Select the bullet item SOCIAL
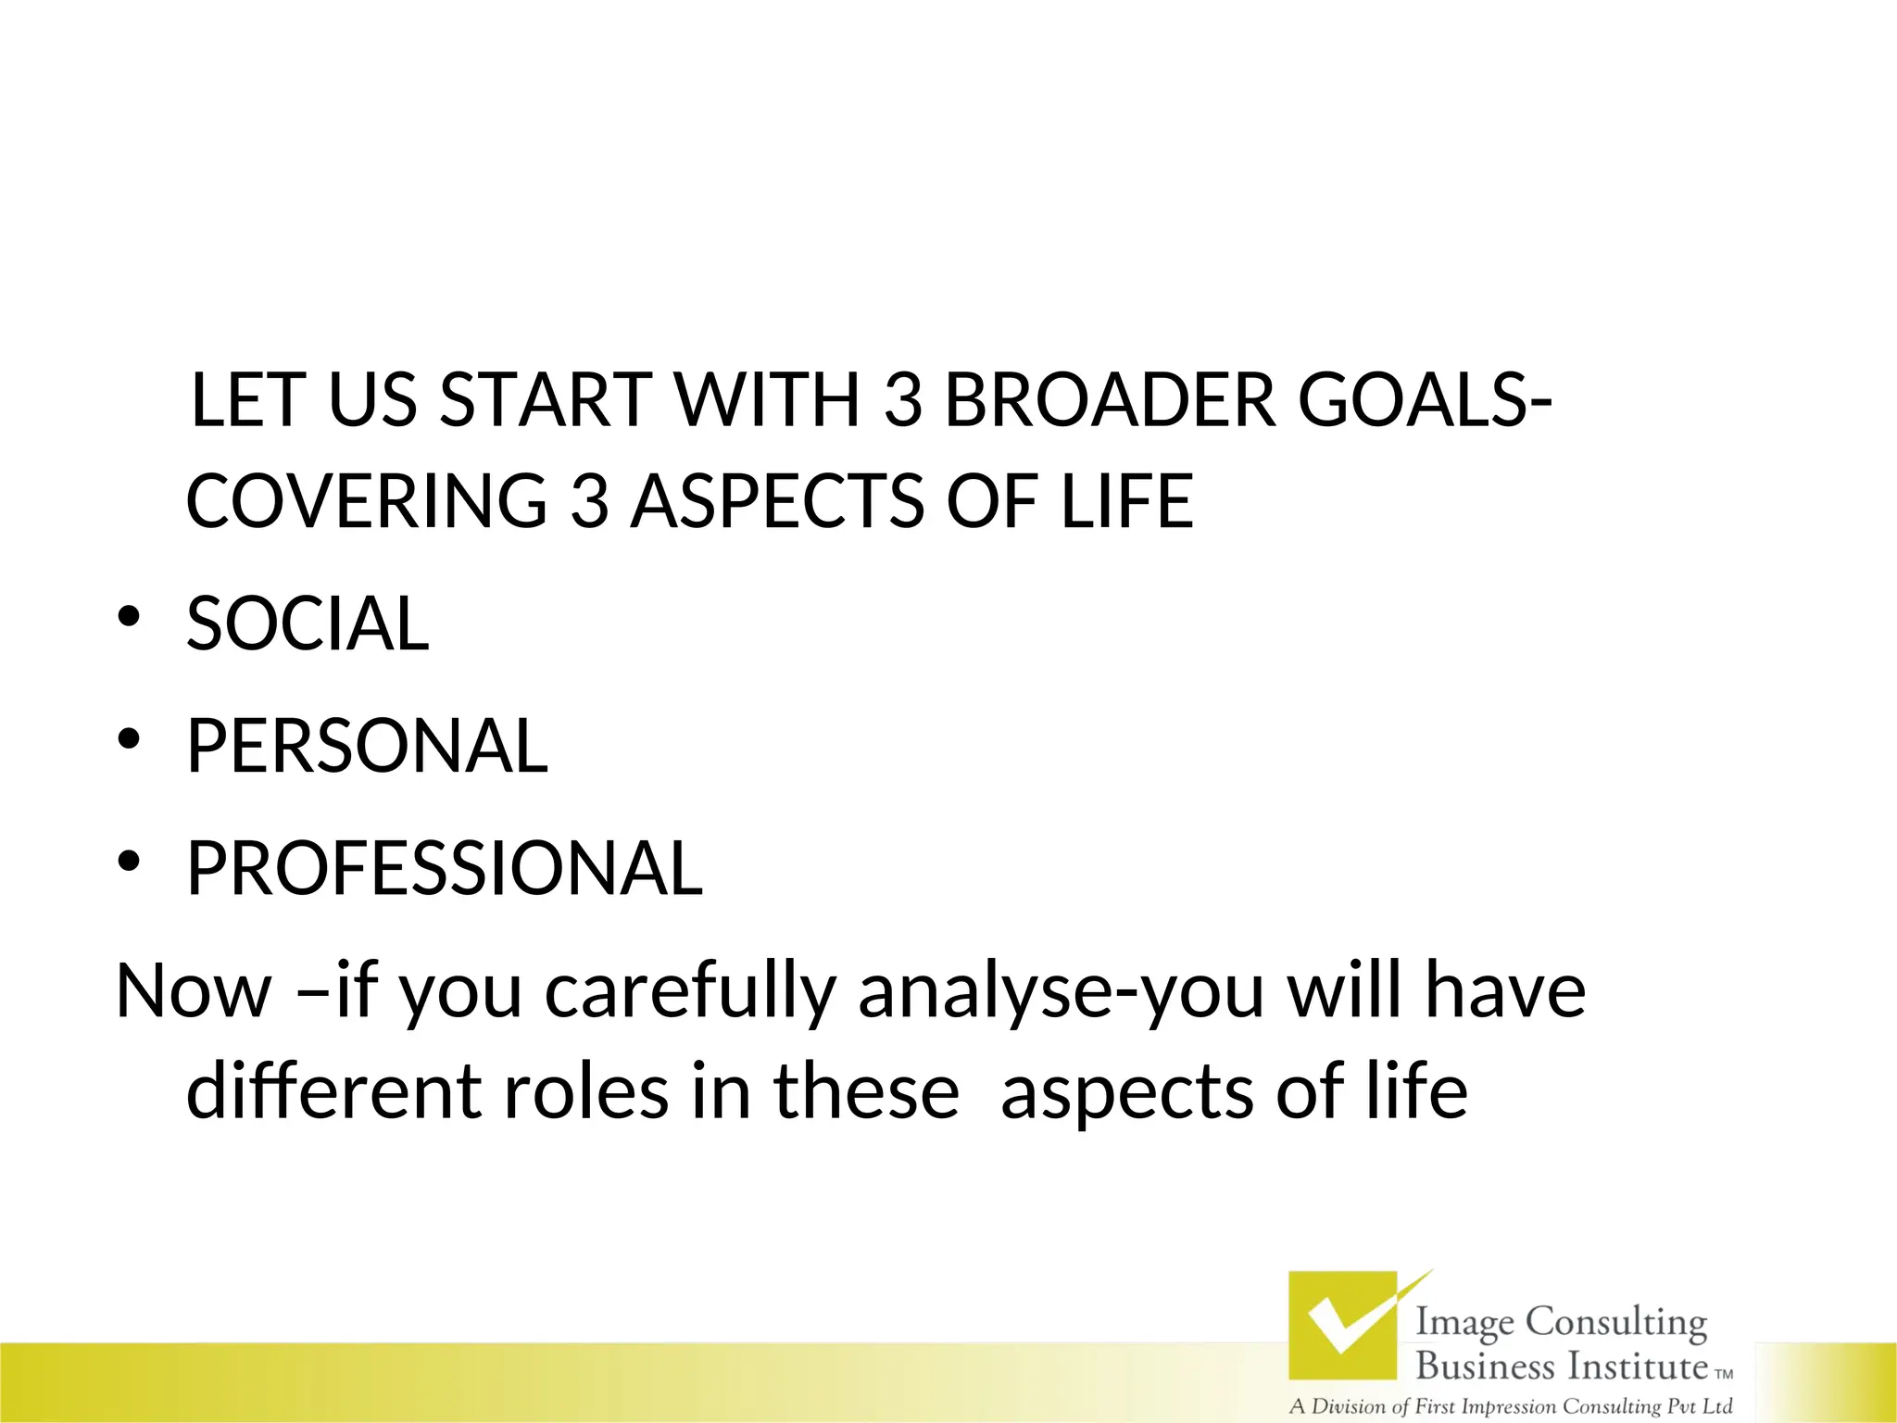click(x=308, y=623)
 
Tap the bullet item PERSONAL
click(x=367, y=746)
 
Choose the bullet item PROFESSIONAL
click(x=445, y=868)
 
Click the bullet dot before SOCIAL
click(x=128, y=617)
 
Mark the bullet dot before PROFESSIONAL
click(x=128, y=862)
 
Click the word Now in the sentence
click(x=193, y=990)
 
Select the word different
click(x=333, y=1090)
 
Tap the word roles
click(x=585, y=1090)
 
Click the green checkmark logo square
click(x=1343, y=1326)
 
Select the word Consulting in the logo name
click(x=1615, y=1323)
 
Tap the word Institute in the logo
click(x=1637, y=1366)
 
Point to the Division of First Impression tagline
click(x=1510, y=1406)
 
